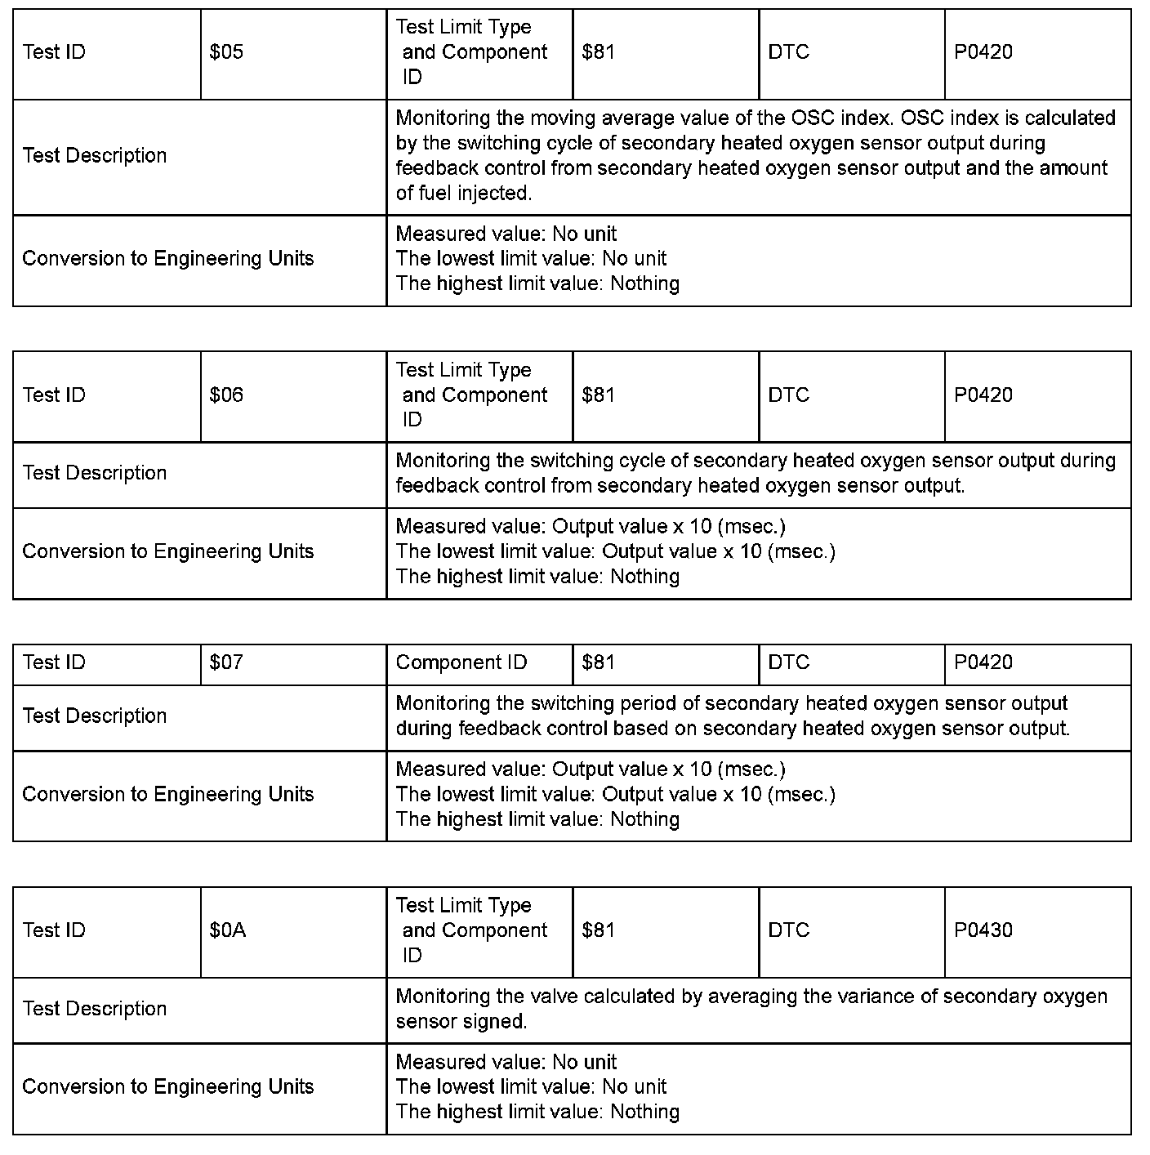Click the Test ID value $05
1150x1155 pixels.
tap(226, 52)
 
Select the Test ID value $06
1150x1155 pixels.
tap(226, 395)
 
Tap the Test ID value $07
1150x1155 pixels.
tap(226, 662)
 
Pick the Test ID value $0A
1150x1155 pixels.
tap(228, 930)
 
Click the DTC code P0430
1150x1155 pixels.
tap(983, 930)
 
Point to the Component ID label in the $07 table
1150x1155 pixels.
tap(461, 662)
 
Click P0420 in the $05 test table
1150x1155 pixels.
tap(983, 52)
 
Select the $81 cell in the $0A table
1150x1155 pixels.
tap(599, 930)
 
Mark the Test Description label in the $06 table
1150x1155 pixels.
tap(95, 473)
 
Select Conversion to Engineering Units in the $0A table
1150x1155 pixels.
tap(168, 1086)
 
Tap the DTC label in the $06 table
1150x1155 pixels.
tap(788, 395)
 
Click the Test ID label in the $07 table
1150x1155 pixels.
tap(54, 662)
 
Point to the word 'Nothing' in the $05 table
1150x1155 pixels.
tap(644, 283)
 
